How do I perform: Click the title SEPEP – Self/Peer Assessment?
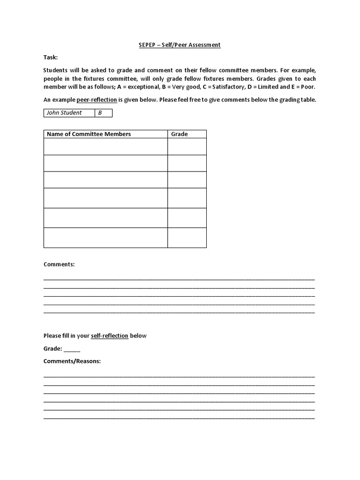180,45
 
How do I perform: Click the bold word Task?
51,57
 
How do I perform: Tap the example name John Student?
64,113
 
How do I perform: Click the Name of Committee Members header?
89,134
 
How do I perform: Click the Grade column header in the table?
180,134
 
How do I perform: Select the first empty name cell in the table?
105,146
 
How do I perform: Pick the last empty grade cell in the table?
187,238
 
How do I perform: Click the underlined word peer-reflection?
100,100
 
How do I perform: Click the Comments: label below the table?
59,264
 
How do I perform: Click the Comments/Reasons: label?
72,361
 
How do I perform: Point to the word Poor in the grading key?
307,87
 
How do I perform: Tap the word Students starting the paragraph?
57,70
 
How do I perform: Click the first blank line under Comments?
179,279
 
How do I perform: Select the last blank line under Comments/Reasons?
179,418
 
